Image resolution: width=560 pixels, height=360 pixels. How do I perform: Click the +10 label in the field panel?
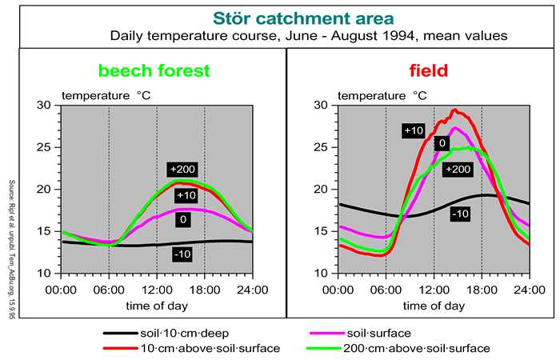point(413,129)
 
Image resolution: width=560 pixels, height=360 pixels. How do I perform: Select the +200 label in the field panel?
point(457,169)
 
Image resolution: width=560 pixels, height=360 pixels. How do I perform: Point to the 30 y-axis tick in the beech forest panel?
point(44,105)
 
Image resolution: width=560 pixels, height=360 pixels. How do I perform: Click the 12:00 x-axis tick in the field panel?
point(434,289)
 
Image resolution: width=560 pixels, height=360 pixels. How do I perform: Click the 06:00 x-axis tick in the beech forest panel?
point(109,289)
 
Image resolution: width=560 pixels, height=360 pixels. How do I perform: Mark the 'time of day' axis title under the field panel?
point(434,305)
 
